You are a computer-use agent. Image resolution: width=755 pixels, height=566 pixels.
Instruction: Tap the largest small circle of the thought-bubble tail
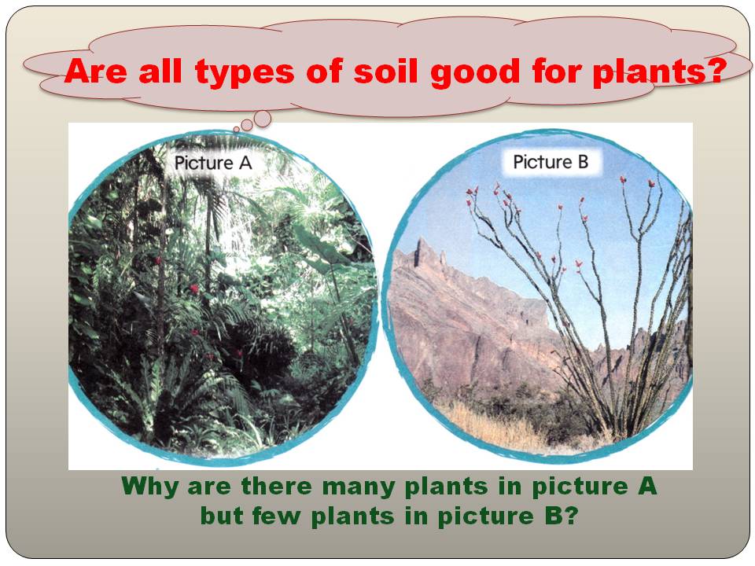(x=262, y=118)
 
